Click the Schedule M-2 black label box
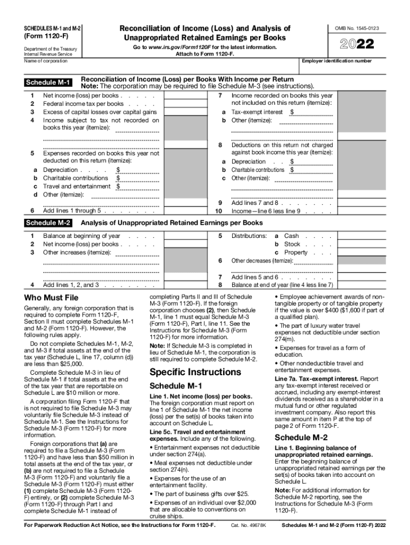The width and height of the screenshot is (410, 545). click(x=49, y=223)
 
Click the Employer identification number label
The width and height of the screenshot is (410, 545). click(x=337, y=61)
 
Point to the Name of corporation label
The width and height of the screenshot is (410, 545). click(x=46, y=61)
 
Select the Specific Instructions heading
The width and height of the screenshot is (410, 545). click(x=195, y=371)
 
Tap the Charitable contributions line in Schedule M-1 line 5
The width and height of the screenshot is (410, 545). click(x=75, y=178)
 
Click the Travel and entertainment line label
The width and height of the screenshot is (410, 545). click(x=77, y=187)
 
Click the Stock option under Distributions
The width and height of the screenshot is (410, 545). click(x=292, y=244)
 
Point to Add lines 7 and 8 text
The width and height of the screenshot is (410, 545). click(x=255, y=203)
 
